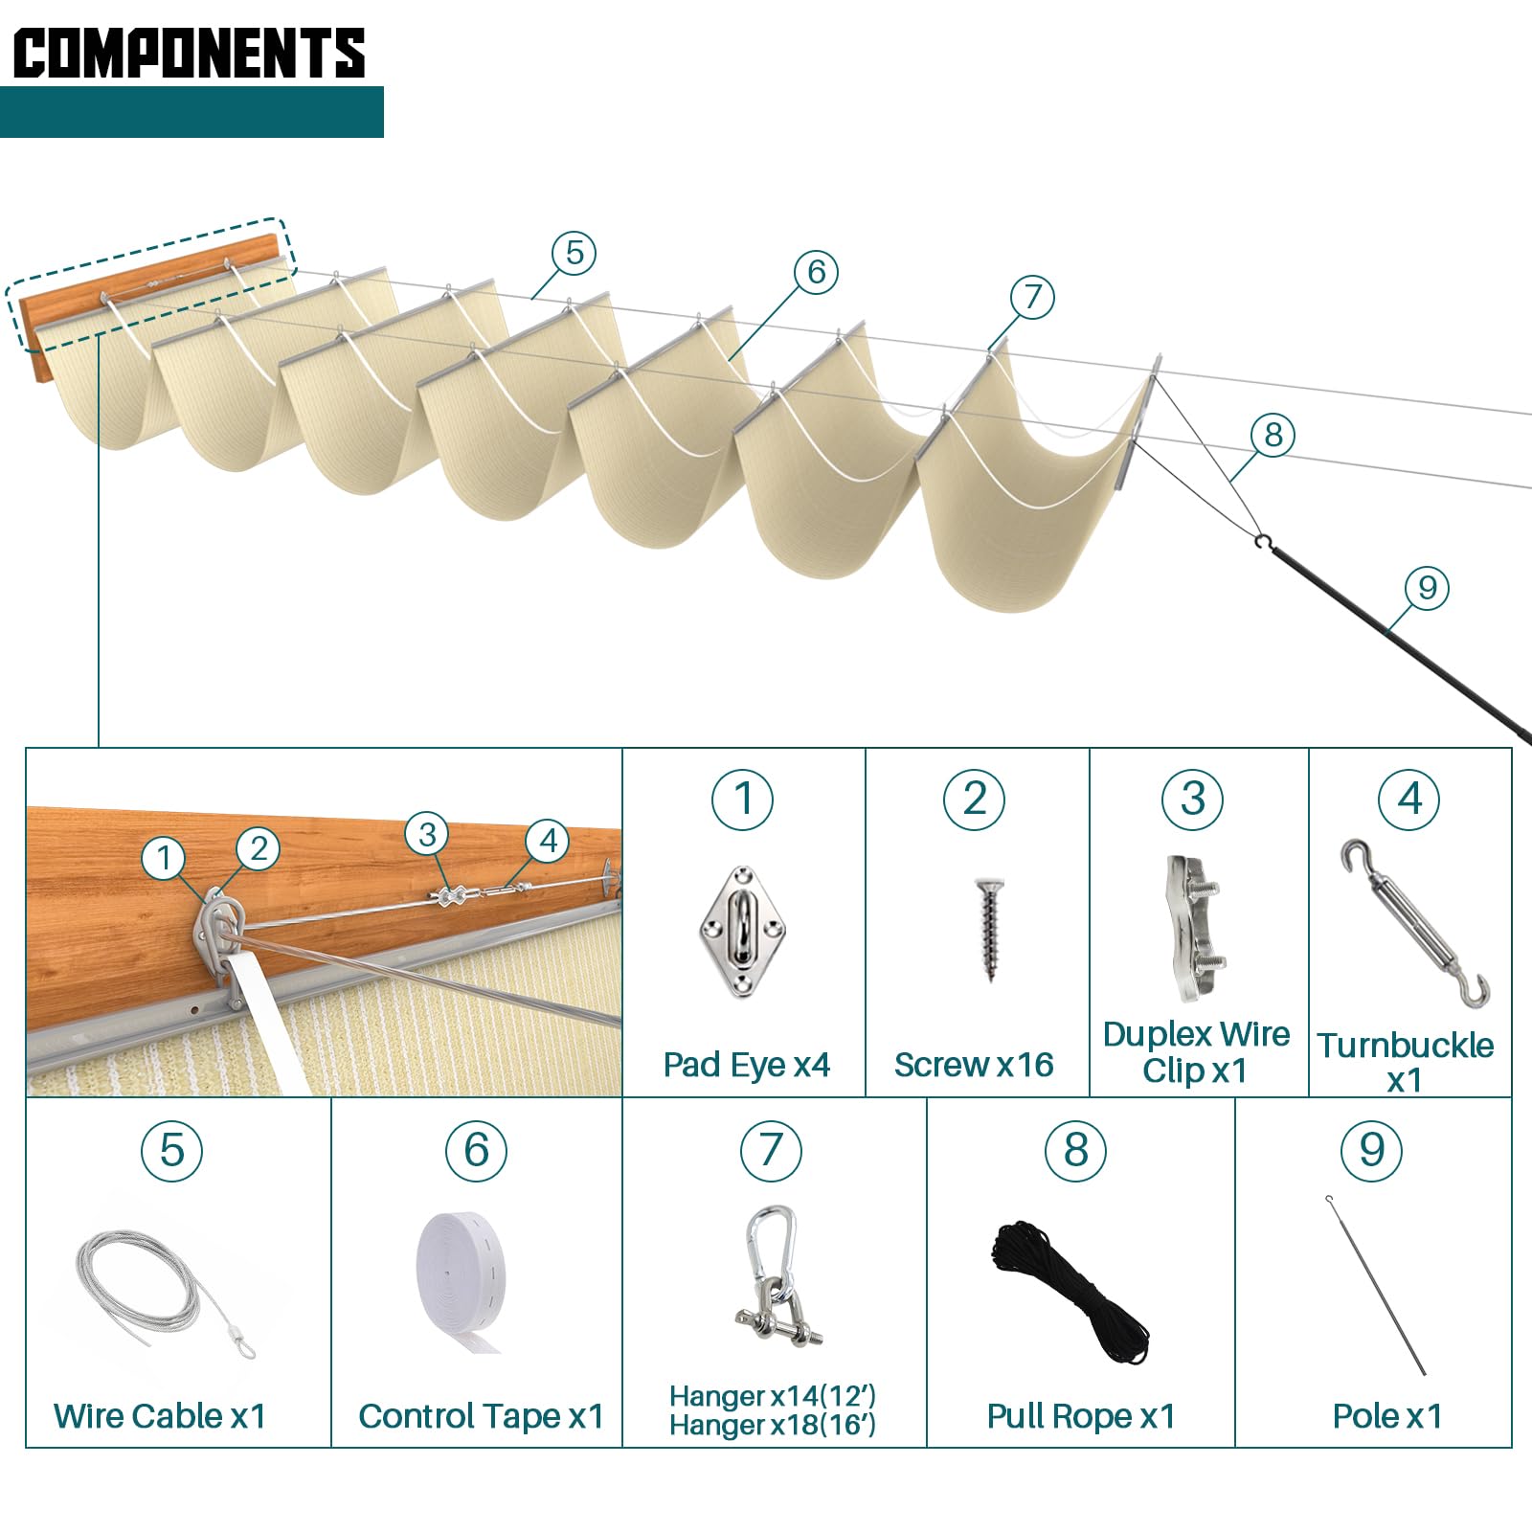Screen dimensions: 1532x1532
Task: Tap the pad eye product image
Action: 742,932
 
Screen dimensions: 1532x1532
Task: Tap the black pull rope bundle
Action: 1070,1288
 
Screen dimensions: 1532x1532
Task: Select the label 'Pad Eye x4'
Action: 746,1065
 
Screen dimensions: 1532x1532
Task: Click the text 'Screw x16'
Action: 974,1065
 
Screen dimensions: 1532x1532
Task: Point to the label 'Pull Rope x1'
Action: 1081,1416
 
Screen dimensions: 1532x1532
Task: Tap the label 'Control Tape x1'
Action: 481,1416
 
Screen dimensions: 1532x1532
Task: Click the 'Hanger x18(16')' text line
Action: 772,1426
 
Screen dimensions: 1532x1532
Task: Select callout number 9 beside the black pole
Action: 1427,588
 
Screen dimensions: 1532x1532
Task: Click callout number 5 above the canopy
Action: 574,253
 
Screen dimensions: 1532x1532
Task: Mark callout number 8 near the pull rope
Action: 1273,435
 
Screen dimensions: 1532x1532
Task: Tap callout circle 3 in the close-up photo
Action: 427,834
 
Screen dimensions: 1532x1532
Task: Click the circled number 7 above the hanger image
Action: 771,1150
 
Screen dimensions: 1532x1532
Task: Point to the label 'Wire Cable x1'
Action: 160,1416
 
